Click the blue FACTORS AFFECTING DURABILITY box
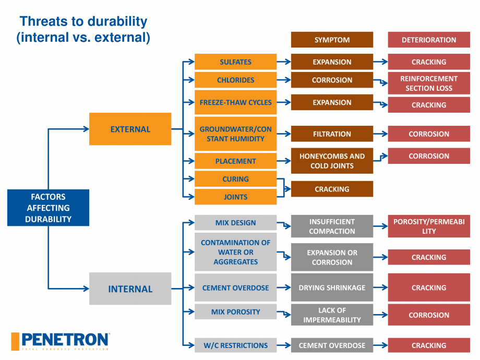tap(48, 208)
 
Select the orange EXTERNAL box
tap(130, 129)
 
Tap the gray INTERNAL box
tap(130, 289)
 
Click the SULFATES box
tap(235, 62)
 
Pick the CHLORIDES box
tap(235, 80)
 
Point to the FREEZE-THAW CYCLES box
tap(235, 102)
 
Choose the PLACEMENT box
tap(235, 161)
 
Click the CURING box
tap(235, 179)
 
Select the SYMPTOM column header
tap(332, 40)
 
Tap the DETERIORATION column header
tap(428, 40)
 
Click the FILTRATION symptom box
tap(332, 134)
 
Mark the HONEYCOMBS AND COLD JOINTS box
tap(332, 161)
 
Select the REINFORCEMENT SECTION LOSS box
tap(428, 83)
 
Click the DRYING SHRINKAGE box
tap(332, 287)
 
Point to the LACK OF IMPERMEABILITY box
tap(332, 315)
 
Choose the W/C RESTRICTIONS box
tap(235, 345)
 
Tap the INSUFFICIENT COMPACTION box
tap(332, 226)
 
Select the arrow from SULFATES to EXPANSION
tap(284, 62)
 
